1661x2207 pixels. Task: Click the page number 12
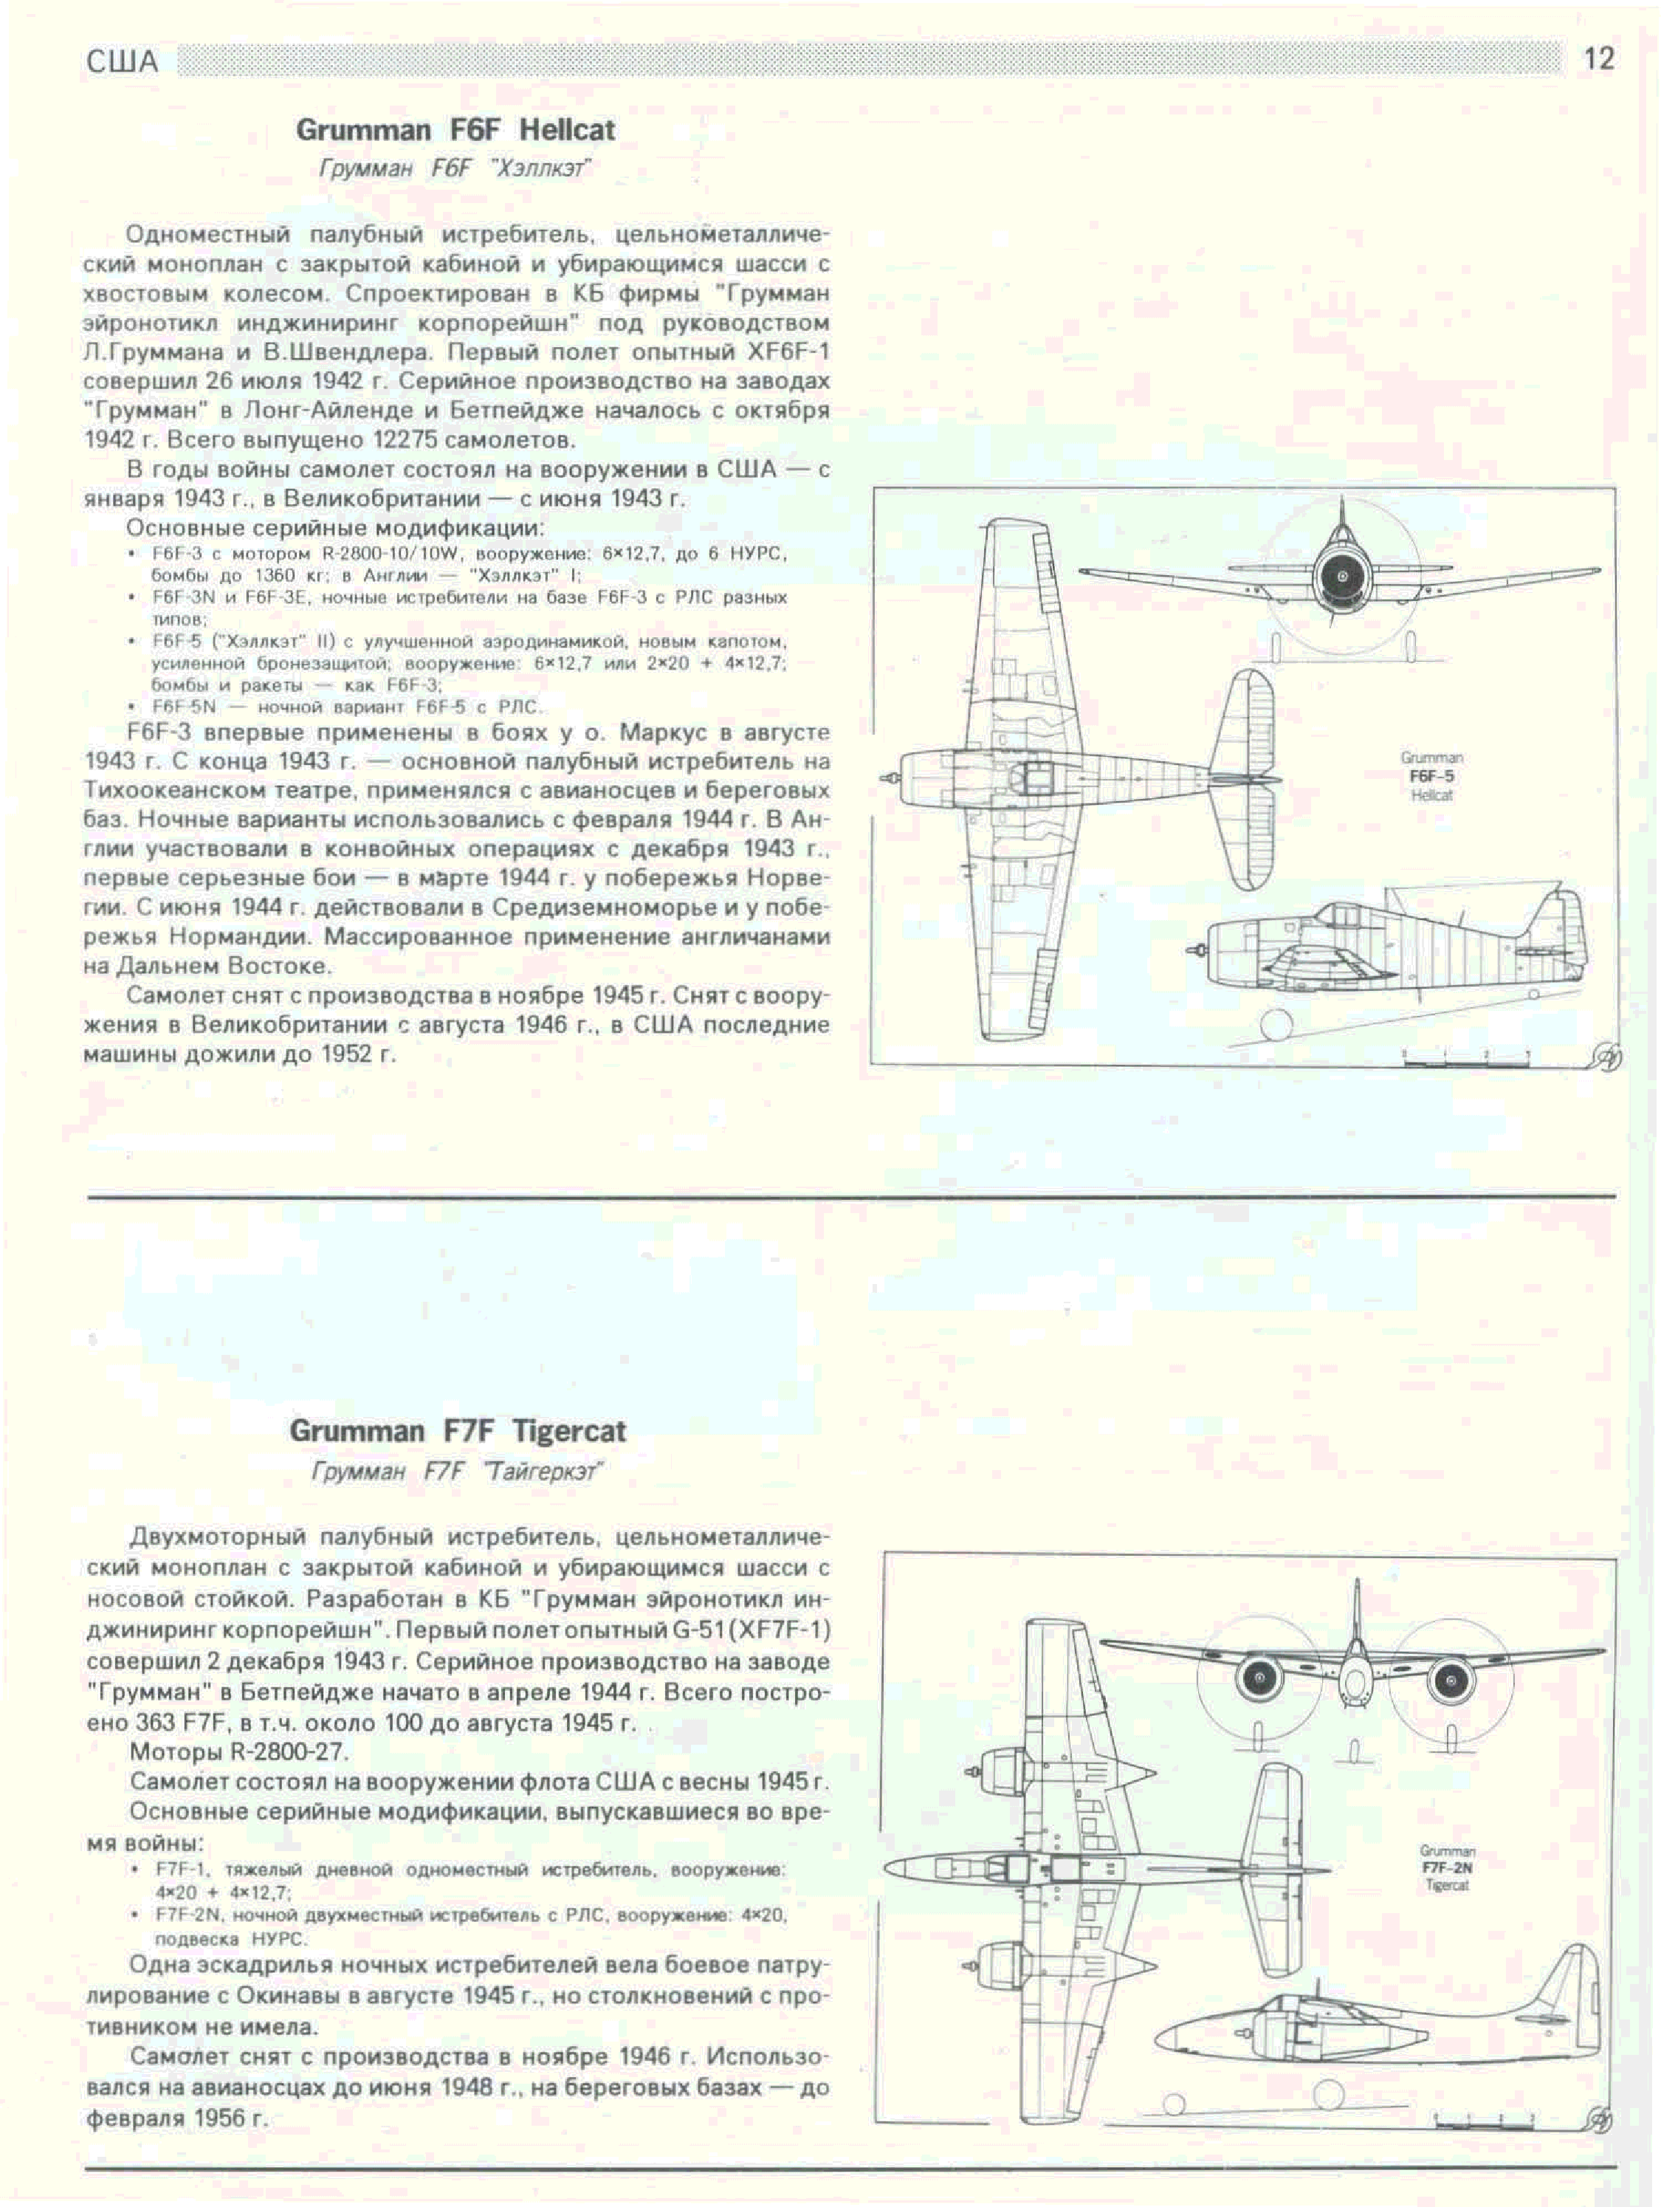click(1598, 59)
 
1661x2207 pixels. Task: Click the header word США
click(123, 62)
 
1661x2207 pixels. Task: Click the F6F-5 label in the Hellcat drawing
click(1431, 775)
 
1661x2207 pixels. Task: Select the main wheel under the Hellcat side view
click(1274, 1025)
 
